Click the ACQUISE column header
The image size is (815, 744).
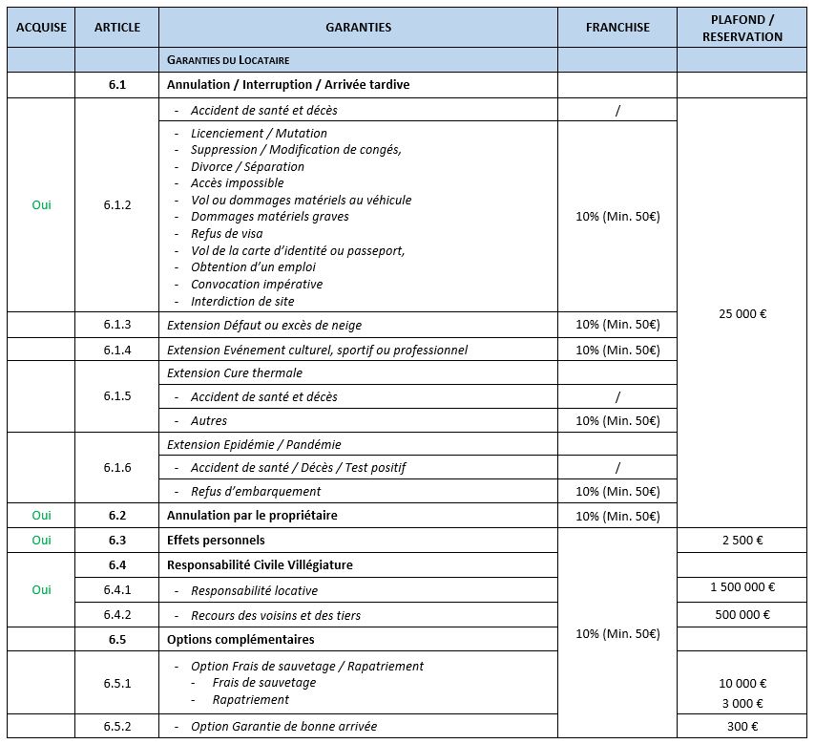(x=41, y=28)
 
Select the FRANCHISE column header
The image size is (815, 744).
(x=617, y=28)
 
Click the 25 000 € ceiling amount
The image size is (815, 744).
(x=742, y=313)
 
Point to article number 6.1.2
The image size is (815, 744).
(x=117, y=205)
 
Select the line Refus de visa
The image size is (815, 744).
(x=226, y=234)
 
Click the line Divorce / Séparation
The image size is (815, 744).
(x=247, y=167)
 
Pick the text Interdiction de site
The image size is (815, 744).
(x=242, y=302)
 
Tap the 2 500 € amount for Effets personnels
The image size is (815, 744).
(x=742, y=541)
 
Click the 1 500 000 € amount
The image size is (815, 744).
(x=742, y=588)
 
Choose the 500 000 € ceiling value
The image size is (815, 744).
(x=742, y=615)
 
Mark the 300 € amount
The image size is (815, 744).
(x=742, y=727)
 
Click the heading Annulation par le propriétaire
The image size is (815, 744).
(x=252, y=516)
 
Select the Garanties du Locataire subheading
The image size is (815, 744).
(x=228, y=59)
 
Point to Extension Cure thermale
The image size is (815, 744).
(x=235, y=373)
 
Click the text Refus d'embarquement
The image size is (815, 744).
(x=256, y=492)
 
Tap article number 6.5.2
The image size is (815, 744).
(x=117, y=727)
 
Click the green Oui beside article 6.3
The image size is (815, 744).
(x=41, y=541)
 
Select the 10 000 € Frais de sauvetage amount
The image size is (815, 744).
(x=742, y=684)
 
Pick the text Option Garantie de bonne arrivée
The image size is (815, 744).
(x=283, y=727)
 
